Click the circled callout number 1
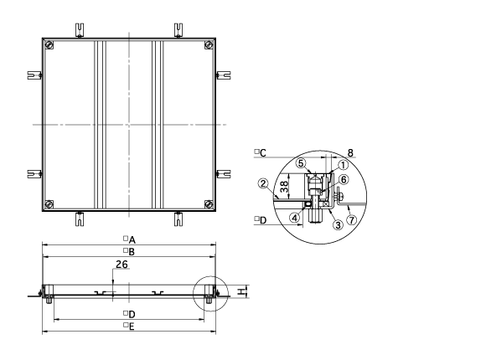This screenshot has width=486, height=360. [x=343, y=165]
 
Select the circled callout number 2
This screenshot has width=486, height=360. [x=263, y=183]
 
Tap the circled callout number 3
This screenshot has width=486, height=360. [x=338, y=224]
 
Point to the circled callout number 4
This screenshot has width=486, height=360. [x=295, y=218]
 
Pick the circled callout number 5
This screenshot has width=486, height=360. [x=301, y=163]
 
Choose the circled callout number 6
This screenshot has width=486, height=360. [x=344, y=179]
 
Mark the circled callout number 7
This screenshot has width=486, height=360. [x=351, y=219]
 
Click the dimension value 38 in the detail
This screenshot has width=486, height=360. [x=284, y=186]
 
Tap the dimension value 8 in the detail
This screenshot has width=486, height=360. [x=350, y=152]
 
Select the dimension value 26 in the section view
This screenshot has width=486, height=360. [x=121, y=265]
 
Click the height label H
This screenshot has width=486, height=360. [x=240, y=291]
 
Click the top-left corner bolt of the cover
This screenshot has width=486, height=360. [x=49, y=45]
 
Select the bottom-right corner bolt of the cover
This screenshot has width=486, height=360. [x=209, y=204]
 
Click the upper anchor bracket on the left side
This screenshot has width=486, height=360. [x=34, y=75]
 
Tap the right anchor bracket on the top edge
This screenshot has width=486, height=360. [x=178, y=30]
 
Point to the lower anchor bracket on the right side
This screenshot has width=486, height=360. [x=223, y=174]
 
